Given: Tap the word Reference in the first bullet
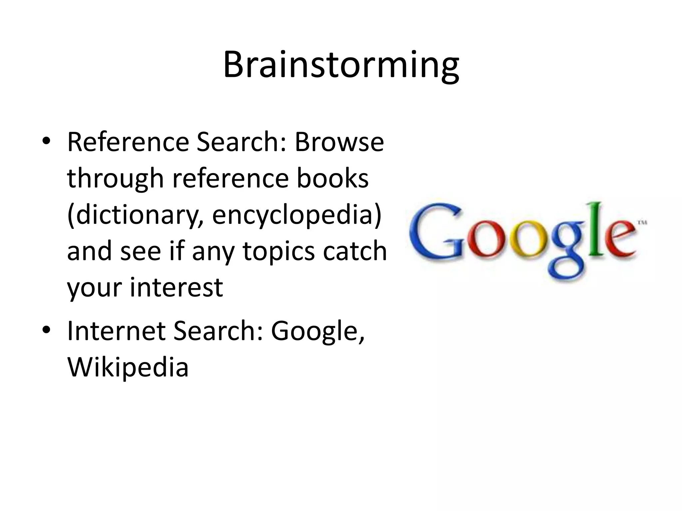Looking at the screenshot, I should coord(128,142).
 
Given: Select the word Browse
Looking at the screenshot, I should coord(339,142).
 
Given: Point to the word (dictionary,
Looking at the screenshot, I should coord(135,215).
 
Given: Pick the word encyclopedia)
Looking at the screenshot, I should coord(297,215).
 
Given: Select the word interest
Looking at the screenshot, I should coord(176,287).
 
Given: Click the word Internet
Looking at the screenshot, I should coord(117,331).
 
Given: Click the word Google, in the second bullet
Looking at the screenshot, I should coord(318,331).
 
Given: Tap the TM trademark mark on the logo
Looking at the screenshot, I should coord(642,223).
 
